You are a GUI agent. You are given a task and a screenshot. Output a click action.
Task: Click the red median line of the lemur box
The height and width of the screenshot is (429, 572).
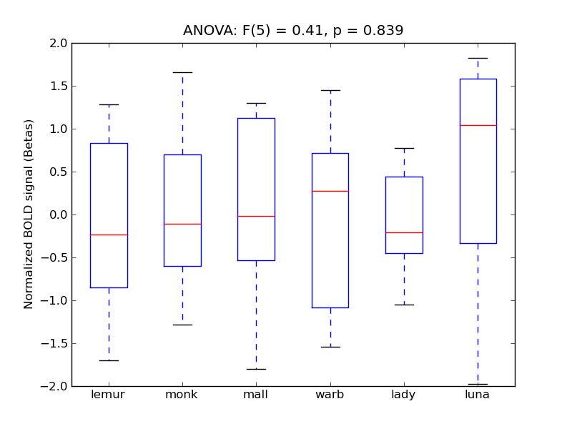(x=109, y=235)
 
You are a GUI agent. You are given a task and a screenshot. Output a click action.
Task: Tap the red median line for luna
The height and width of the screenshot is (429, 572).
(x=478, y=125)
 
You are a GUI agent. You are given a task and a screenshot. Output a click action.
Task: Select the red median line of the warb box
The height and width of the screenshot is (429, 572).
(x=330, y=191)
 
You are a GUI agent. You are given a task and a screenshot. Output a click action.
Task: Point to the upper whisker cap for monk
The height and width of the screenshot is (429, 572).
(x=182, y=72)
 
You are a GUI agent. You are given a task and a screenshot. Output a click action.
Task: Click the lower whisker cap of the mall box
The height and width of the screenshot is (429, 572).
(x=256, y=369)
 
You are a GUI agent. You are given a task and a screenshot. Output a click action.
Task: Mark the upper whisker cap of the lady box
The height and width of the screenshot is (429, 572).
(x=404, y=148)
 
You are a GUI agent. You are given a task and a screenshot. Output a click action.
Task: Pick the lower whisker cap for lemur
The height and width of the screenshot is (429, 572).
(x=109, y=360)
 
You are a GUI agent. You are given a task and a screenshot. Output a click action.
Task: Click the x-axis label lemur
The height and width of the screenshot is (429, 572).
(x=109, y=395)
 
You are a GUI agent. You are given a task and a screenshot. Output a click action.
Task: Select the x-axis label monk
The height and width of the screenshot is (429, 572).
(x=182, y=395)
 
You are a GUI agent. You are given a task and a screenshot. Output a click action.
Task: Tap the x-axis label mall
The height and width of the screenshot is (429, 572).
(x=256, y=395)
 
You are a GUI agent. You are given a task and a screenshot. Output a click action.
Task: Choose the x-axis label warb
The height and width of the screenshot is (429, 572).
(x=330, y=395)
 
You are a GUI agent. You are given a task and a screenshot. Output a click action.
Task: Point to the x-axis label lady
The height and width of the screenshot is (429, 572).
(x=404, y=395)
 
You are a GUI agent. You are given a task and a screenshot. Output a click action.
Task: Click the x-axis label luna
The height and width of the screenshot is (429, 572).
(x=478, y=395)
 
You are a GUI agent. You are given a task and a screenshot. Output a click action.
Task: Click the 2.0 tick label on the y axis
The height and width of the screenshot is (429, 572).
(x=59, y=43)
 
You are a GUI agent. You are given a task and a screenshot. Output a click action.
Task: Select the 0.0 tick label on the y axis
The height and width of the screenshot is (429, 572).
(x=59, y=214)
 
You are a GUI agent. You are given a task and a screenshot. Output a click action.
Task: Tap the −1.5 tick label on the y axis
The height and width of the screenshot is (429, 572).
(x=56, y=343)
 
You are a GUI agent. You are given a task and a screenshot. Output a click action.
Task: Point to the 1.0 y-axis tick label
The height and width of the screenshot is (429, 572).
(x=59, y=129)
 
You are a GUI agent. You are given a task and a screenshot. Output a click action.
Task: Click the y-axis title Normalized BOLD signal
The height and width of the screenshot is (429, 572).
(x=29, y=214)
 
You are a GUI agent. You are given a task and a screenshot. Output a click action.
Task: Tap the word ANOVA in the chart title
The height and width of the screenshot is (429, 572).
(x=205, y=31)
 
